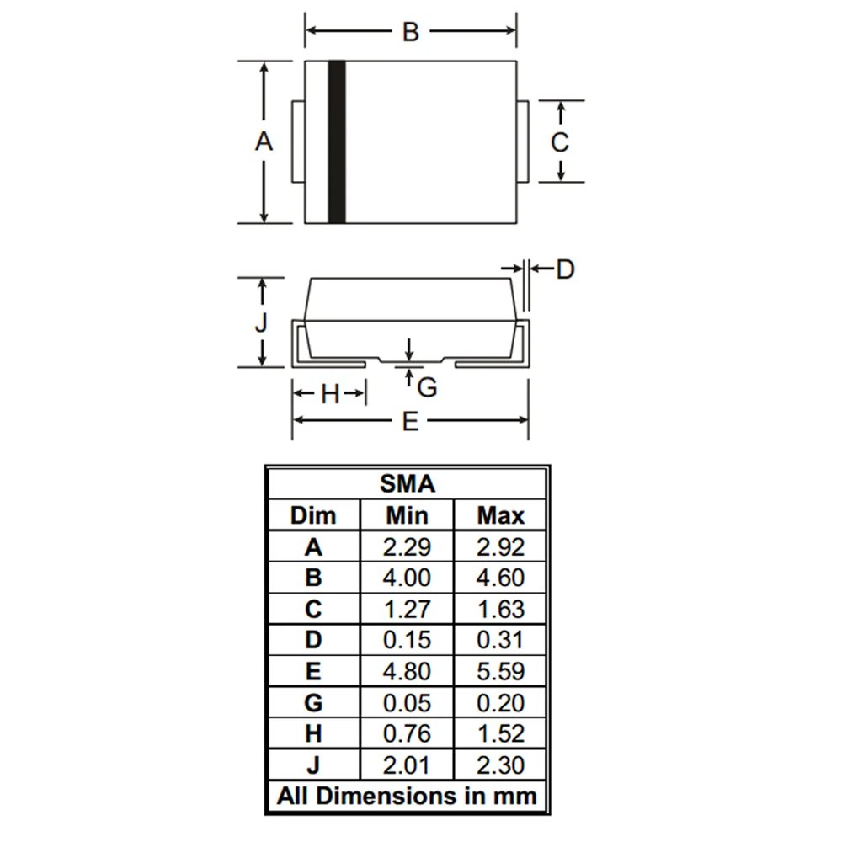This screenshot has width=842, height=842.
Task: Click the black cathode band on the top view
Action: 337,141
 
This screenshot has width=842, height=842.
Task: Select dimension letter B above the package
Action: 411,32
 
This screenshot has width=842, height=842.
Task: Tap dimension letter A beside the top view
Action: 264,141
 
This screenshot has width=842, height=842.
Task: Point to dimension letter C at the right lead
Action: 560,142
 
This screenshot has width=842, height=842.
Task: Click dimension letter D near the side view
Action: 565,269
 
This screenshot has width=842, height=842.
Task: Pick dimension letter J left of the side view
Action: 261,322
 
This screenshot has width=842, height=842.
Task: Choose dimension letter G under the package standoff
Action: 427,387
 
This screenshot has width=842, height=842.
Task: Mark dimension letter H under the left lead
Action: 330,395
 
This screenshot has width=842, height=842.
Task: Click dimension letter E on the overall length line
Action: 410,422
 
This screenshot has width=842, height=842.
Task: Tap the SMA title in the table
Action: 408,484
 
